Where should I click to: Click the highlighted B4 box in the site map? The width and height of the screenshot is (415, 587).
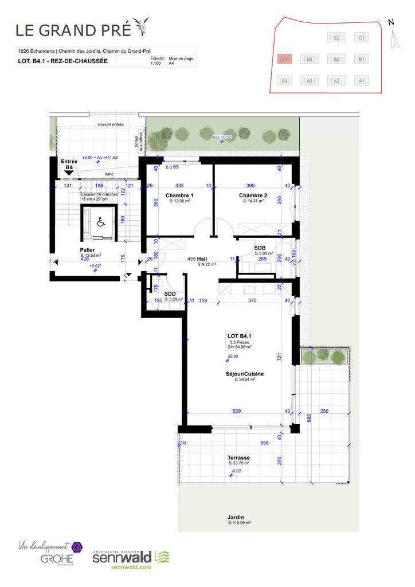(284, 59)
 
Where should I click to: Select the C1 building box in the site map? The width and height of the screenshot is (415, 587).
(361, 38)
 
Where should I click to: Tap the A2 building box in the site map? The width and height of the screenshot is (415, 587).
(337, 81)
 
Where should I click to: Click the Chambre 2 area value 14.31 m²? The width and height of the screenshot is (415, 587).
(253, 201)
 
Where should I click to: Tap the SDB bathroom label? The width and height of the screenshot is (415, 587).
(260, 248)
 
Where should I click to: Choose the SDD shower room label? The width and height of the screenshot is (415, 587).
(170, 293)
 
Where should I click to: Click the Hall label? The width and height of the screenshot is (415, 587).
(202, 259)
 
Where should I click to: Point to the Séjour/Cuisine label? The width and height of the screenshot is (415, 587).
(245, 373)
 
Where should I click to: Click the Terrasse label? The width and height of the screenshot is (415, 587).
(238, 458)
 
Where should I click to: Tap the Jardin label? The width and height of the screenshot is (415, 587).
(235, 516)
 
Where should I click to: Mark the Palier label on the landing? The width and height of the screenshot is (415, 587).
(87, 250)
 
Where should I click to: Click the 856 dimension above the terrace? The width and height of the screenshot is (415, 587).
(264, 444)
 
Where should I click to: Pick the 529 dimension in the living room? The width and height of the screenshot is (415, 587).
(237, 411)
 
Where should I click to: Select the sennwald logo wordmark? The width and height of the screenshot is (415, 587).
(122, 557)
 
